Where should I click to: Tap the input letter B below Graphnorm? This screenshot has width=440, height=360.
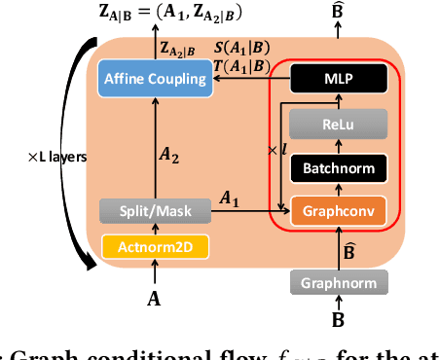[x=338, y=319]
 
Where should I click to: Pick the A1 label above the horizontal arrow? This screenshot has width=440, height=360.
[x=230, y=198]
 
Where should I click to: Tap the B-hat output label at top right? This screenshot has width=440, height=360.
[x=338, y=13]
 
